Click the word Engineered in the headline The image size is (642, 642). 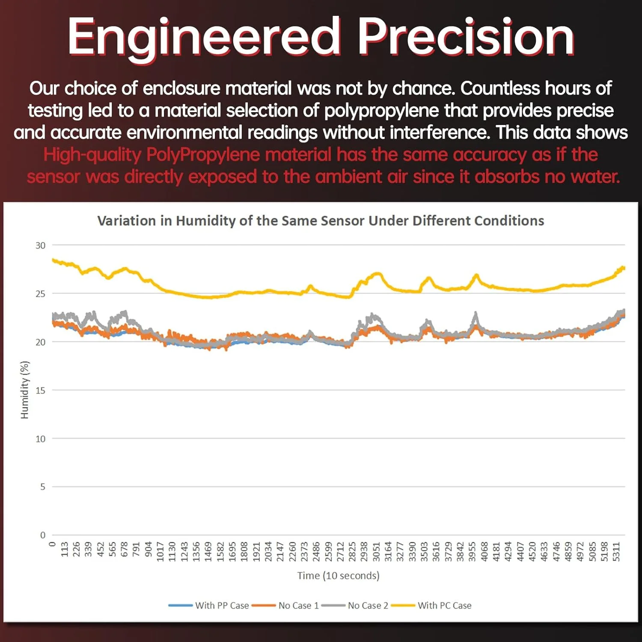(x=203, y=38)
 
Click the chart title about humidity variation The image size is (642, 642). (x=321, y=221)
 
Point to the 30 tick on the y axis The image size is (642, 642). (x=40, y=246)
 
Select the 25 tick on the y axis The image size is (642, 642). (x=40, y=294)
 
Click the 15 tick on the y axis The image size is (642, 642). (x=40, y=390)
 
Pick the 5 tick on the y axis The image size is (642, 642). (x=42, y=487)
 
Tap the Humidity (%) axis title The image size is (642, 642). (x=25, y=390)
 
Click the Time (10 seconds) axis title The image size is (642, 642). (x=338, y=576)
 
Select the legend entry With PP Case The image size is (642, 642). (x=222, y=606)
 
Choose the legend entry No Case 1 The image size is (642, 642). (x=298, y=606)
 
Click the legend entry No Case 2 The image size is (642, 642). (x=368, y=606)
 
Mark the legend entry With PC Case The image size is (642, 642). (x=444, y=606)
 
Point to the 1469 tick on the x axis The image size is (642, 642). (x=208, y=552)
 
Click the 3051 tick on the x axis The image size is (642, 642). (x=376, y=552)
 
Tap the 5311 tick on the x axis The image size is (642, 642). (x=616, y=552)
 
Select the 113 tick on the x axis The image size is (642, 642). (x=65, y=550)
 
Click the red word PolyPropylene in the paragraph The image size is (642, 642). (x=203, y=155)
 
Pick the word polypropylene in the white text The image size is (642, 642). (x=381, y=111)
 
